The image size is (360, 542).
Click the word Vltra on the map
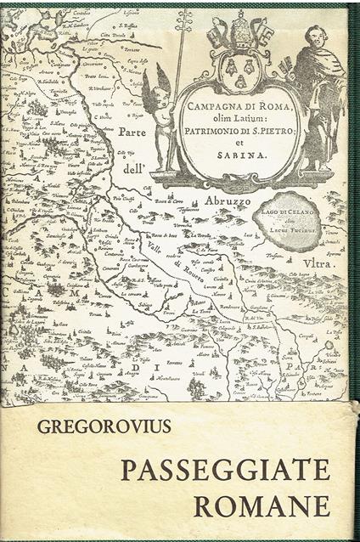coord(320,264)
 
